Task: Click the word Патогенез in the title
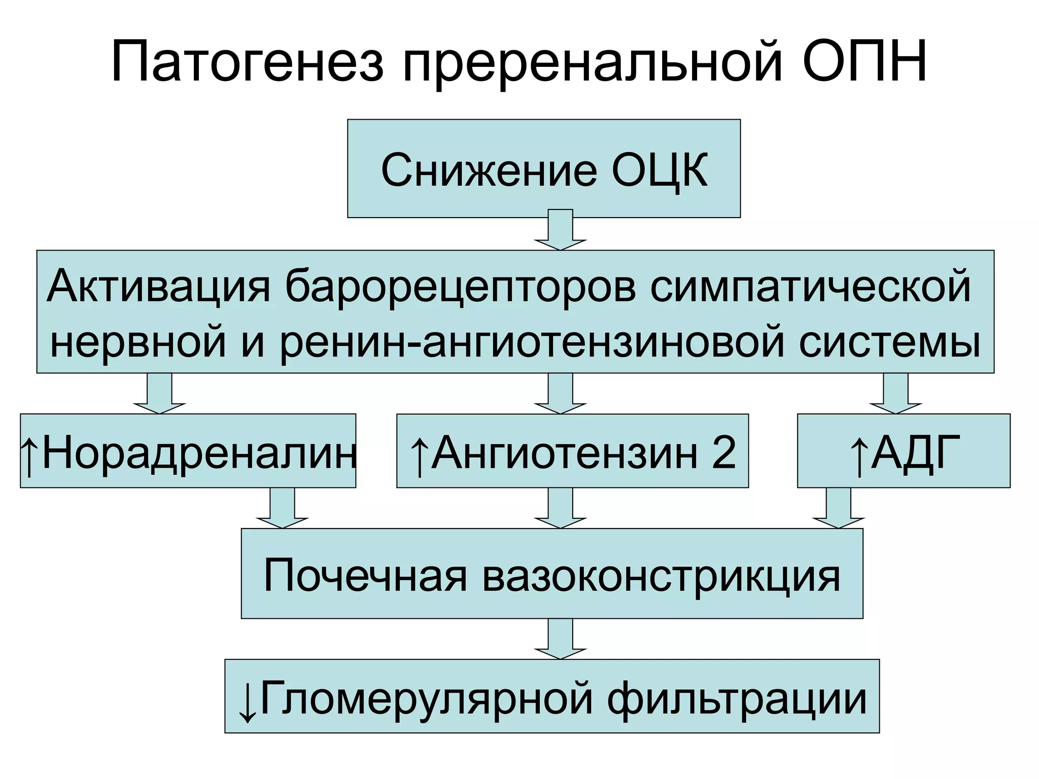248,62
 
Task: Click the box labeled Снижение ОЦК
543,169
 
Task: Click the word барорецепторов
460,287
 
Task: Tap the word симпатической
810,287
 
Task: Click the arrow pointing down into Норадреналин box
159,394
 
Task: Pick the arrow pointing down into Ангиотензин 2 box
560,394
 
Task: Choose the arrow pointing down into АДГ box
895,394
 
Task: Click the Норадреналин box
188,451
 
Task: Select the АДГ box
903,451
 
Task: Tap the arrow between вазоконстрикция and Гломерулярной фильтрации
560,639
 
